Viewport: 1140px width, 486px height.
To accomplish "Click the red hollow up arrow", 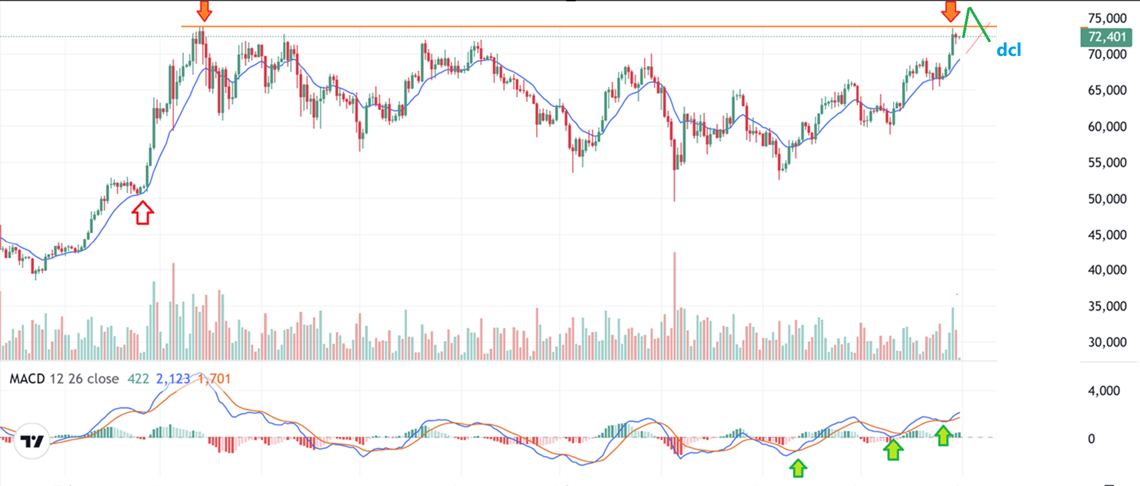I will tap(142, 214).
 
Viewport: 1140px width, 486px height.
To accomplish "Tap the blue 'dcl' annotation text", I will tap(1009, 50).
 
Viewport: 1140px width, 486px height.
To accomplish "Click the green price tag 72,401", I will tap(1107, 37).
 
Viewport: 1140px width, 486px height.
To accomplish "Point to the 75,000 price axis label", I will tap(1107, 18).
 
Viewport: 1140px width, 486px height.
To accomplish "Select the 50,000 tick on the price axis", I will tap(1107, 199).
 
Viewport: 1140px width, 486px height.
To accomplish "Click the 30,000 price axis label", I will tap(1107, 342).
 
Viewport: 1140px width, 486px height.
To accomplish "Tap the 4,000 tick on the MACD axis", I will tap(1104, 391).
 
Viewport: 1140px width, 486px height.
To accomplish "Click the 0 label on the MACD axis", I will tap(1091, 439).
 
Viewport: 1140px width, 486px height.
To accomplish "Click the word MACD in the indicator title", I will tap(27, 379).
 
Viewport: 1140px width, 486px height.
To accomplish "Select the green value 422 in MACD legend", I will tap(138, 379).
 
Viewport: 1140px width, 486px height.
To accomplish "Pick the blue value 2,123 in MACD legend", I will tap(173, 379).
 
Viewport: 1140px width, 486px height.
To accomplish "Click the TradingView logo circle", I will tap(32, 441).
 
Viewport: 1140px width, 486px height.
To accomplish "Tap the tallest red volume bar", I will tap(674, 306).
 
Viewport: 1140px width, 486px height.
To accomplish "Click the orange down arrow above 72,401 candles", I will tap(951, 11).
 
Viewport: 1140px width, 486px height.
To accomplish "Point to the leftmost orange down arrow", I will tap(204, 11).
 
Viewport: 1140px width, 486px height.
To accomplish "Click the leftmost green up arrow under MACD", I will tap(798, 468).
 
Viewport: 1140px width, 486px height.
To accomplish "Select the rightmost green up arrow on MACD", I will tap(943, 435).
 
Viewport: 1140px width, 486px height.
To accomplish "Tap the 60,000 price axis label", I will tap(1107, 127).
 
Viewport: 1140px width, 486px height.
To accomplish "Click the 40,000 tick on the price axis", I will tap(1107, 270).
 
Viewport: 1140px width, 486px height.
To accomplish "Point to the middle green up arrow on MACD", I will tap(893, 450).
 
